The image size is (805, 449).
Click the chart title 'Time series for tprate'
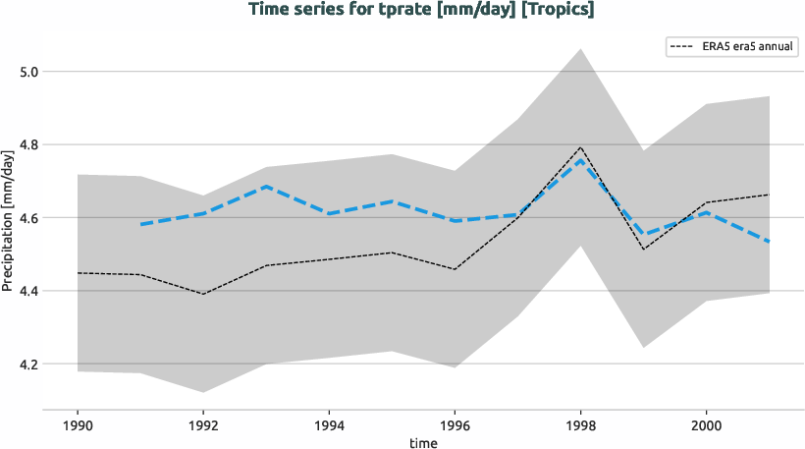(421, 11)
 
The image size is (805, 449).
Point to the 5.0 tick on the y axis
(30, 72)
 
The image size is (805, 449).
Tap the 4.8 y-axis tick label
(30, 145)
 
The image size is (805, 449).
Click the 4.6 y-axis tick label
(30, 218)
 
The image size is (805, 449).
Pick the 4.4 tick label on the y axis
(30, 291)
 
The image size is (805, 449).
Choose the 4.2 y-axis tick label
(30, 365)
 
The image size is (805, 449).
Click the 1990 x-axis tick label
(77, 426)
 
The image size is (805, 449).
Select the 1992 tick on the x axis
(202, 426)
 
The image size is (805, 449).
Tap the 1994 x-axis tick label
(329, 426)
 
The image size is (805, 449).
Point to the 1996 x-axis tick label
(455, 426)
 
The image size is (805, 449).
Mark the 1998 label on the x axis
(580, 426)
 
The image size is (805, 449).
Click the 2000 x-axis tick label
(706, 426)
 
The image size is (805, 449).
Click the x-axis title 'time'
(423, 442)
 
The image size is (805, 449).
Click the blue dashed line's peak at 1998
(580, 159)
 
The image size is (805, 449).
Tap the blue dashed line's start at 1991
(140, 225)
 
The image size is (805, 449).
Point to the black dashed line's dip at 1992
(202, 294)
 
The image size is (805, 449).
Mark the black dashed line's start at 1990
(78, 273)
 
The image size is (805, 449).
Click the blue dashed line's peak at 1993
(266, 186)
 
